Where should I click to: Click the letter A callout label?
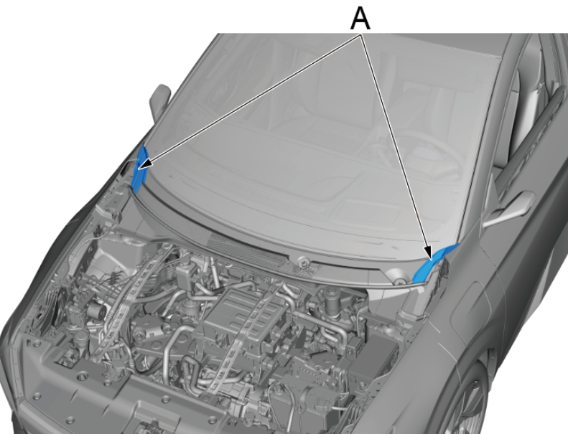(x=360, y=19)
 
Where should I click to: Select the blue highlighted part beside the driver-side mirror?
(x=139, y=169)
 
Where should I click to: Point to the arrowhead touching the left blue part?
(x=145, y=164)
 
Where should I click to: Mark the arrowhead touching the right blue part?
(x=428, y=252)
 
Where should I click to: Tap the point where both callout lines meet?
(x=360, y=34)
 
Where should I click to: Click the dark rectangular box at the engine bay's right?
(x=377, y=353)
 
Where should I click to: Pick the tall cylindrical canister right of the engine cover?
(x=332, y=301)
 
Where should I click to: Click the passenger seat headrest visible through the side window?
(x=529, y=87)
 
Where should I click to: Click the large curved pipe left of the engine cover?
(x=170, y=344)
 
